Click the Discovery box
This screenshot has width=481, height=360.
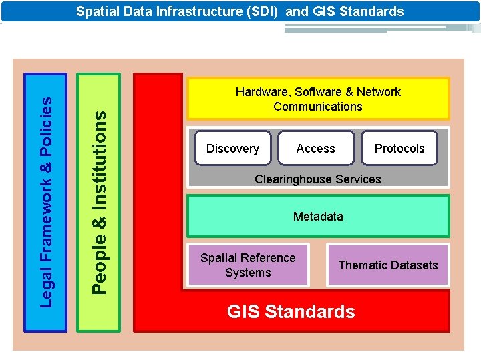click(232, 148)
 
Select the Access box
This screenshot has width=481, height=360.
click(315, 148)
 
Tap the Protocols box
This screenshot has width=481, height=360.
click(399, 148)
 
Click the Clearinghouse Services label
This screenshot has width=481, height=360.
click(318, 179)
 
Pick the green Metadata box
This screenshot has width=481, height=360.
click(318, 216)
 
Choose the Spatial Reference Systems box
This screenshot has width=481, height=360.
click(248, 265)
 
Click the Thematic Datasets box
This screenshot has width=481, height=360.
click(388, 265)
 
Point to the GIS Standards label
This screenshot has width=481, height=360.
click(291, 311)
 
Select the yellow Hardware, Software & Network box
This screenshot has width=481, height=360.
click(318, 99)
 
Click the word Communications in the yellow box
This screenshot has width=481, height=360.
click(318, 107)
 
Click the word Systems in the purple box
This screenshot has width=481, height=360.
click(248, 273)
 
